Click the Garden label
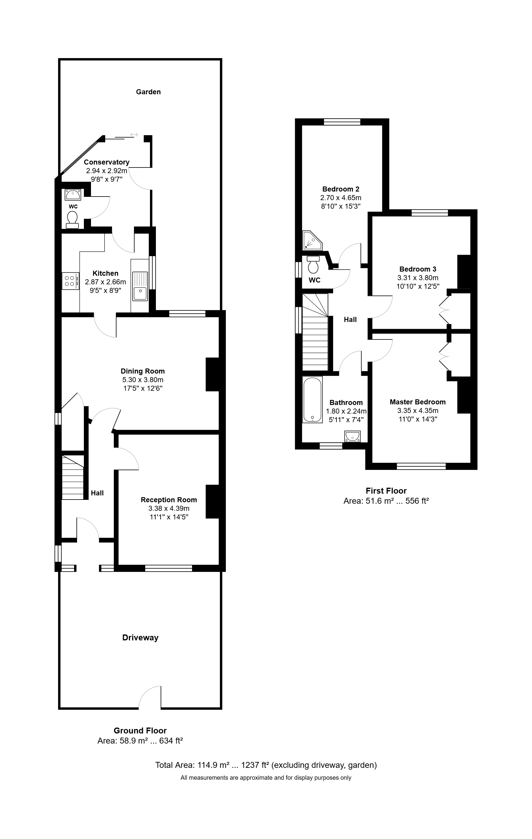coord(148,92)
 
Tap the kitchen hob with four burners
coord(70,281)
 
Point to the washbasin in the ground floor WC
coord(73,194)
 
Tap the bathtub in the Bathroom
coord(312,399)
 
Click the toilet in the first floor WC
coord(313,266)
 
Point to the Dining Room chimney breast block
coord(213,374)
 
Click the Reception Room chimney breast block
coord(213,501)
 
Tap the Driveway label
coord(140,638)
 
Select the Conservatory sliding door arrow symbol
coord(134,135)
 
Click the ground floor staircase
coord(73,477)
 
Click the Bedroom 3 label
coord(418,269)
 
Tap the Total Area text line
coord(266,765)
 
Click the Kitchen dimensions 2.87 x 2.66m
coord(106,282)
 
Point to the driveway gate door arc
coord(150,696)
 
